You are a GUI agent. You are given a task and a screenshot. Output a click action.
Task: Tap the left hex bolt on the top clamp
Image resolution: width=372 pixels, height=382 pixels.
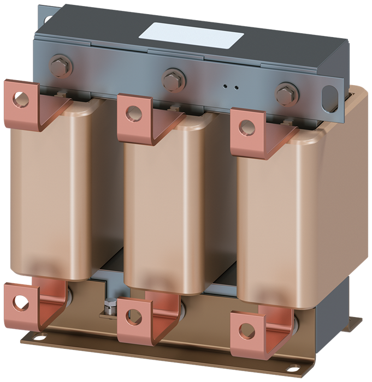click(61, 67)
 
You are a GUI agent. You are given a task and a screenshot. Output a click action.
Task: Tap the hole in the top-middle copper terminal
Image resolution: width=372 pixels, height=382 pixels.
click(131, 114)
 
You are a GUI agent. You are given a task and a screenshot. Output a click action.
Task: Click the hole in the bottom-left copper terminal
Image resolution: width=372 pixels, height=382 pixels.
click(20, 301)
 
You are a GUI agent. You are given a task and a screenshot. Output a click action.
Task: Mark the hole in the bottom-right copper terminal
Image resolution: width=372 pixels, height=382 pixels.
click(246, 330)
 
